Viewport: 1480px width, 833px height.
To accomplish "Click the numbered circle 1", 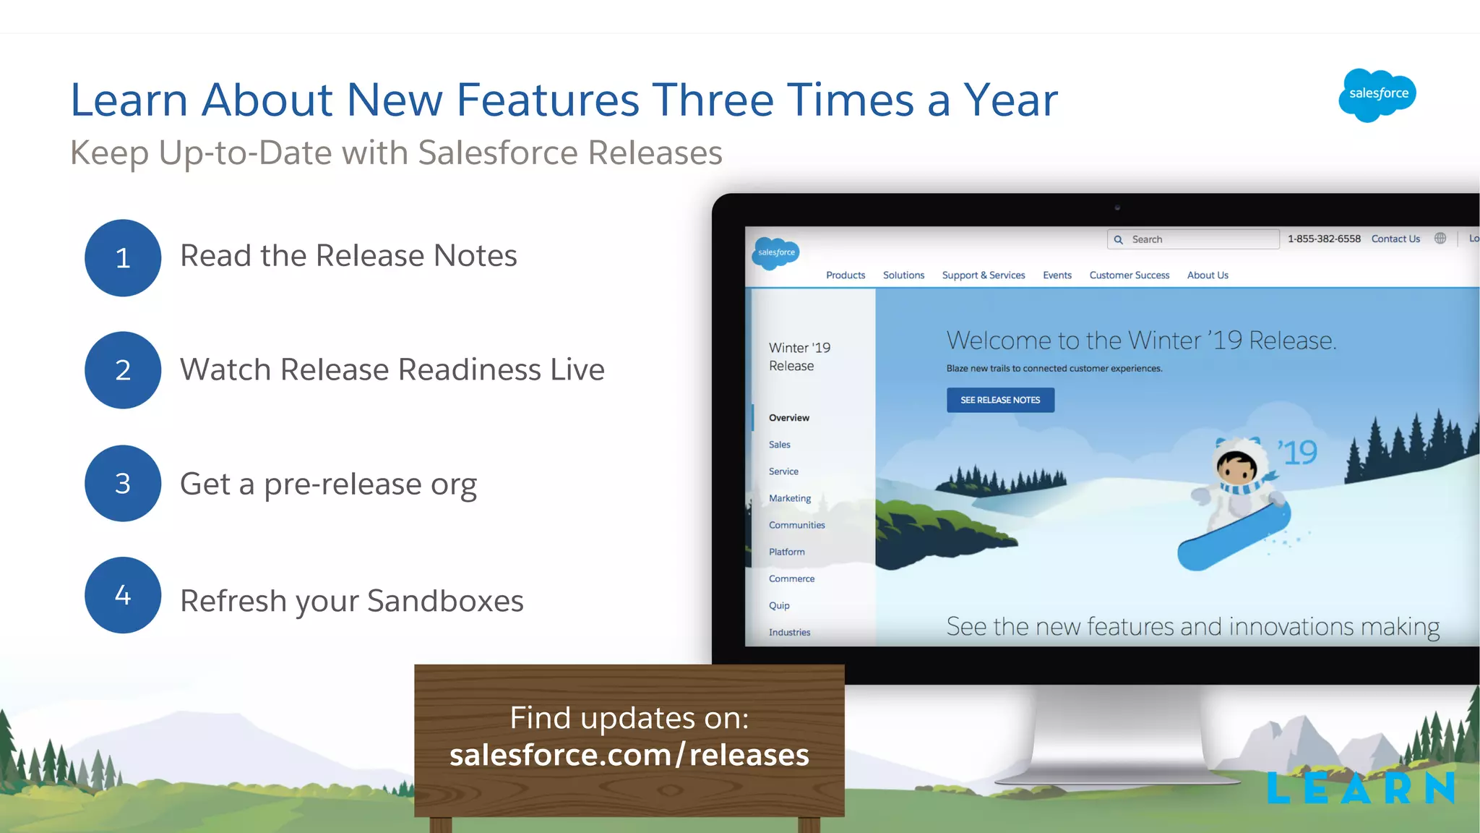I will (123, 258).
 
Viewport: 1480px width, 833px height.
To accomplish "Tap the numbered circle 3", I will (123, 483).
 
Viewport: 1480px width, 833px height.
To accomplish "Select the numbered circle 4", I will (123, 595).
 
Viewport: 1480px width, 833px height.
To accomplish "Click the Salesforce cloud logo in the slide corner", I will (1377, 95).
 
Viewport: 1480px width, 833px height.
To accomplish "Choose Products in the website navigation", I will (846, 275).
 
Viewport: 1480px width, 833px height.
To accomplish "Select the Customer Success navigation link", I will (1129, 275).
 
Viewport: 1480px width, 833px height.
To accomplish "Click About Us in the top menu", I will (1208, 275).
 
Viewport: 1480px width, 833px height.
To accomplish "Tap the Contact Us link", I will (1395, 239).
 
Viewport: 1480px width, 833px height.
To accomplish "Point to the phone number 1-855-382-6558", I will (1324, 239).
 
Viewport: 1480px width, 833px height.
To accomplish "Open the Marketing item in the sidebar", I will (790, 498).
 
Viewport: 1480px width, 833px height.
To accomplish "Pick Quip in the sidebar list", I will (779, 605).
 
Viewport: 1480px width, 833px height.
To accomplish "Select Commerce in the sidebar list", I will (791, 578).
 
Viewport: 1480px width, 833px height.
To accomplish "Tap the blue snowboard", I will (1234, 537).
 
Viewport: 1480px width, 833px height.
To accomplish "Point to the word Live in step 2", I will (577, 369).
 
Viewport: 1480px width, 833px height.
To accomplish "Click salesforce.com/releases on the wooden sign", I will (629, 755).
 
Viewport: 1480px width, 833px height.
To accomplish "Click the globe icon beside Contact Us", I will (1440, 239).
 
